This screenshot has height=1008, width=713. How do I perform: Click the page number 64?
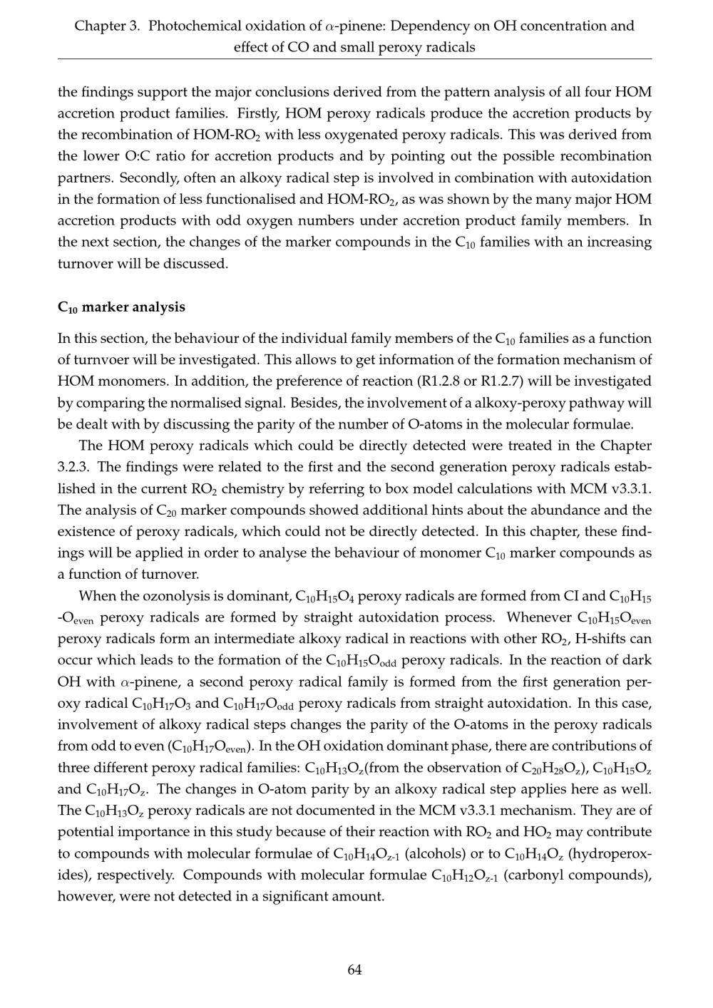click(x=354, y=970)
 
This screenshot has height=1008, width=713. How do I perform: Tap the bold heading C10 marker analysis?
click(x=121, y=307)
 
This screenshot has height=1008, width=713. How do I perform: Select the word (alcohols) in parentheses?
click(x=435, y=853)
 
